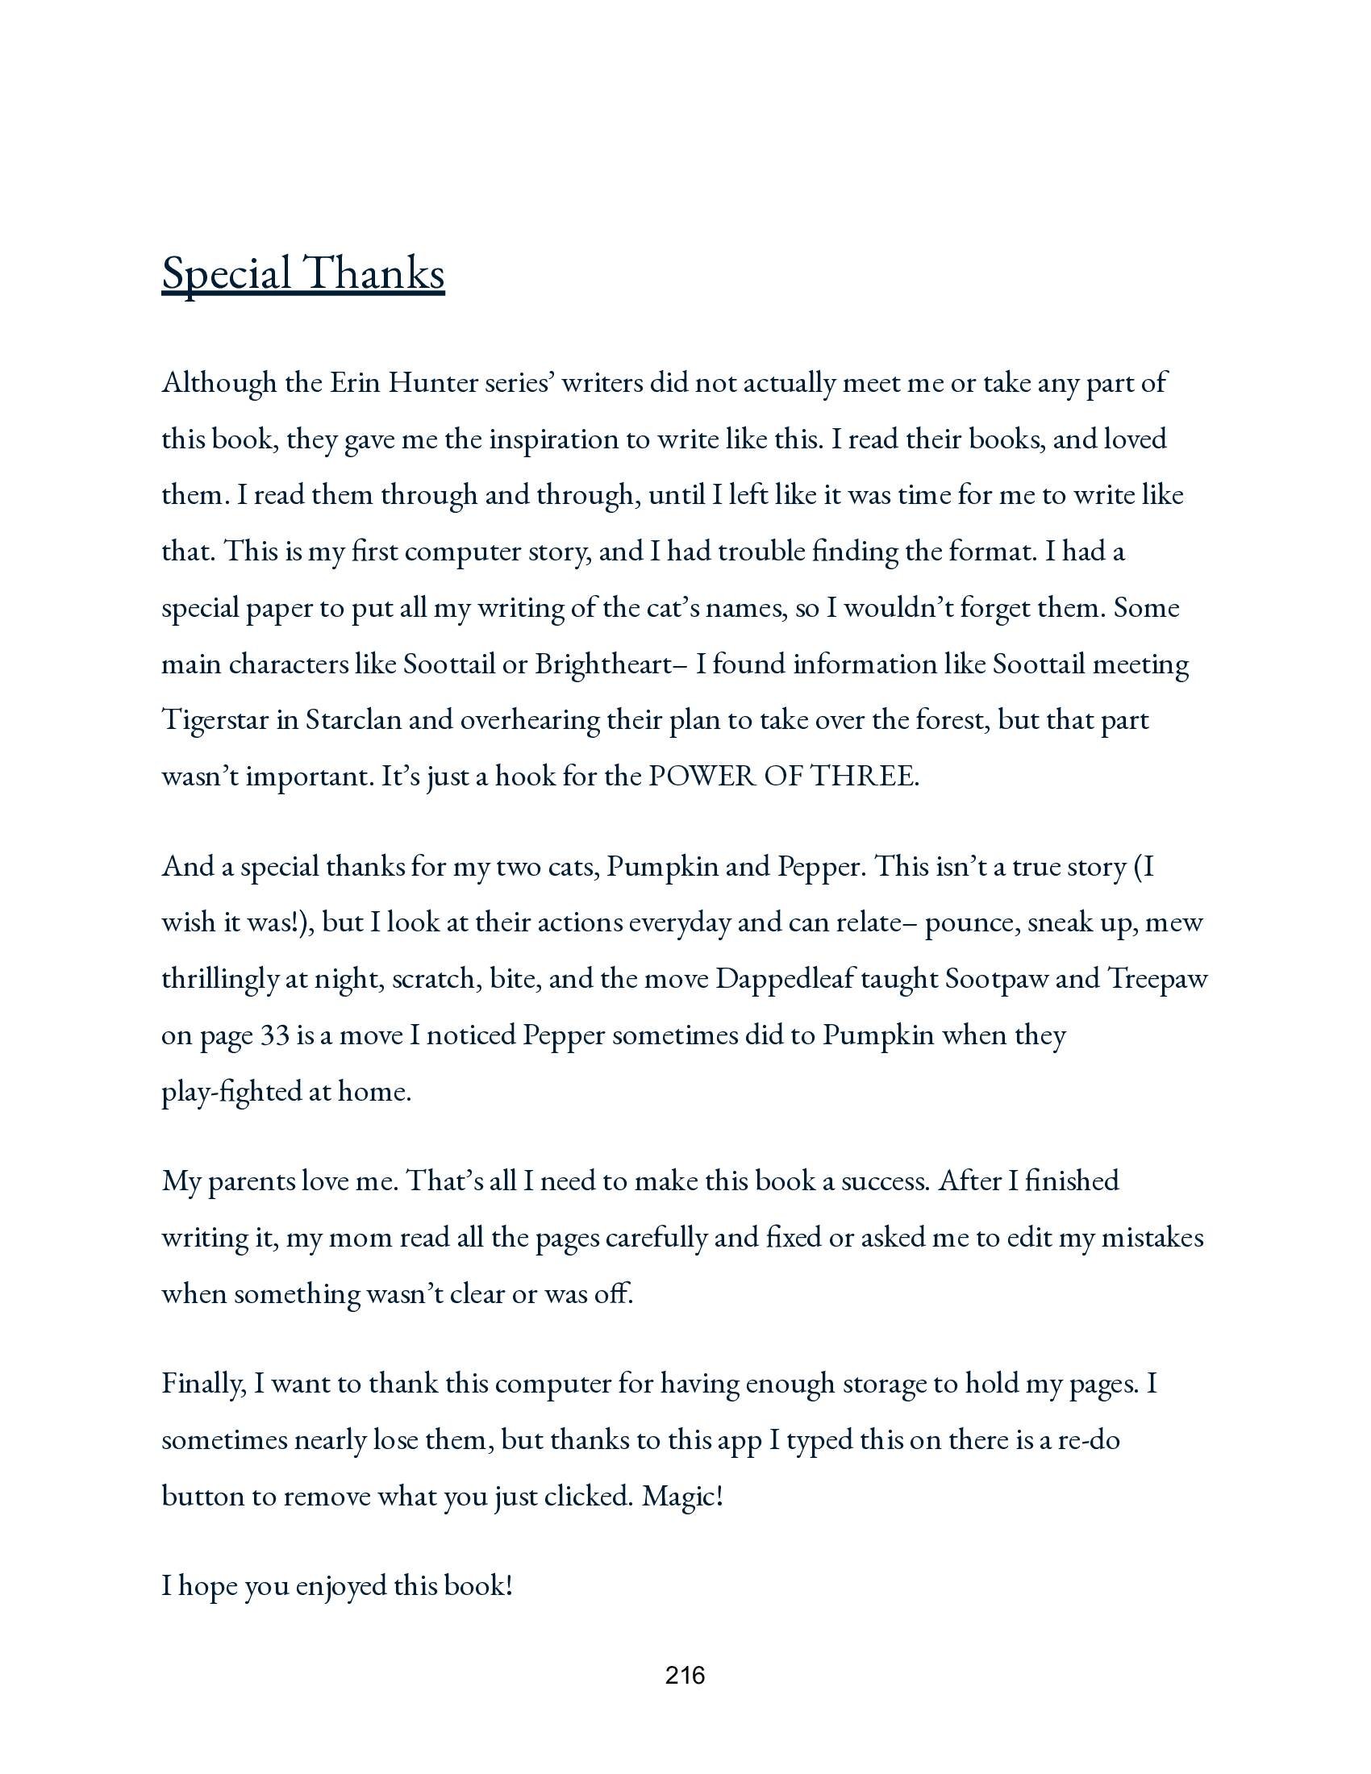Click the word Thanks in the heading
tap(374, 273)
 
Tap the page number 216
tap(685, 1675)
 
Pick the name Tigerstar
tap(215, 720)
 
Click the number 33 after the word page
tap(274, 1035)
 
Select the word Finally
tap(203, 1382)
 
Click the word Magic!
tap(682, 1495)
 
